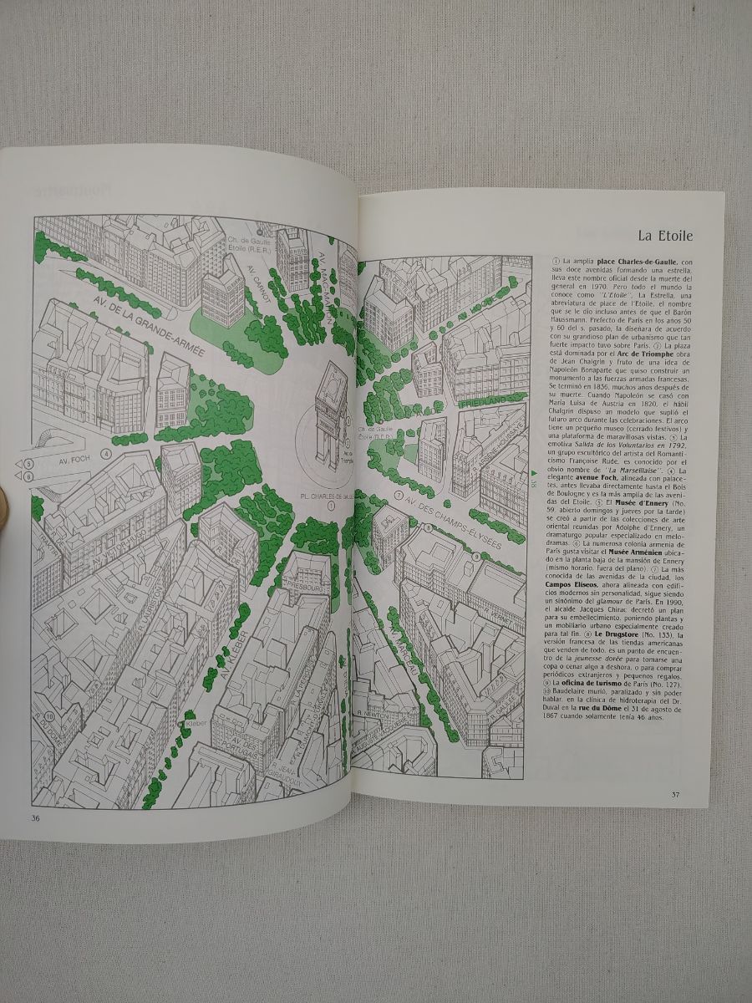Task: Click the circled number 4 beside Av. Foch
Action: [x=106, y=454]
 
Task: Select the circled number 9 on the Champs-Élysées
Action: [x=499, y=556]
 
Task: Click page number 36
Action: [x=36, y=818]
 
